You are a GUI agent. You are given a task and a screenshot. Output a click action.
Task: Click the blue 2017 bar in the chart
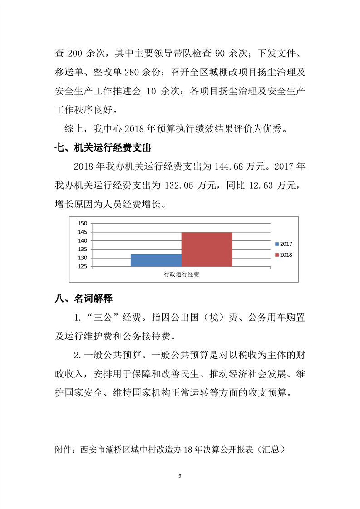[156, 260]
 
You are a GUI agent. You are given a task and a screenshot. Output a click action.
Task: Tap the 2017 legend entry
[283, 244]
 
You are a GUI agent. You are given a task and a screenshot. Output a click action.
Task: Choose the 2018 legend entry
[283, 255]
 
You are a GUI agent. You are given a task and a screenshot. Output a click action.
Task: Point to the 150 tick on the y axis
[82, 223]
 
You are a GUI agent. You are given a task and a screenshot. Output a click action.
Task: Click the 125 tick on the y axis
[82, 267]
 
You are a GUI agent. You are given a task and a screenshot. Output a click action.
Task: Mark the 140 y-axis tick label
[82, 240]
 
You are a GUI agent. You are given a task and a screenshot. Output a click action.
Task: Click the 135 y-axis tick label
[82, 249]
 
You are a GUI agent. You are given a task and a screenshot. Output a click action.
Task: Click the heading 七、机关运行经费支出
[102, 148]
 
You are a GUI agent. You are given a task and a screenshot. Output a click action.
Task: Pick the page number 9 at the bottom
[180, 475]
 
